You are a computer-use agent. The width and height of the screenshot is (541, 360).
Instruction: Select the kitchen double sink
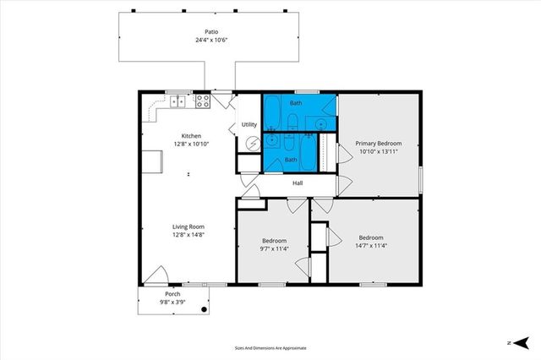coord(178,101)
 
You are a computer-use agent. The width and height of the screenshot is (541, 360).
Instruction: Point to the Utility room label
coord(249,125)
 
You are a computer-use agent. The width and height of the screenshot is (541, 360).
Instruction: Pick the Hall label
coord(298,183)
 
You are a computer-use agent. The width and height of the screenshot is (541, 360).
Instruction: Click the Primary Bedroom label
coord(378,144)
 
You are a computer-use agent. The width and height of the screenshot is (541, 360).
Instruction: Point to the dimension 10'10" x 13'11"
coord(378,152)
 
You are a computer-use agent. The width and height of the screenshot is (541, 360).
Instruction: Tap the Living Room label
coord(189,226)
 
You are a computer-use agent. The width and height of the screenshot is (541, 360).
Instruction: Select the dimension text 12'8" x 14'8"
coord(189,235)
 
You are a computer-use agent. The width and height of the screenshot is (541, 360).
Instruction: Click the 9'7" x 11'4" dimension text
coord(274,248)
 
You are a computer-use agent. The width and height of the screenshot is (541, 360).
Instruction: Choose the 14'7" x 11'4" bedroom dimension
coord(371,246)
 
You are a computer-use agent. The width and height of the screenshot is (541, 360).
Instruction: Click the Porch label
coord(172,293)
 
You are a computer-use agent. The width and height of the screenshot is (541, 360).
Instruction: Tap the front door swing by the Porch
coord(154,275)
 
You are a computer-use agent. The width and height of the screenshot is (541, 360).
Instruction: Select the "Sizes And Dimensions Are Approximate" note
coord(270,347)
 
